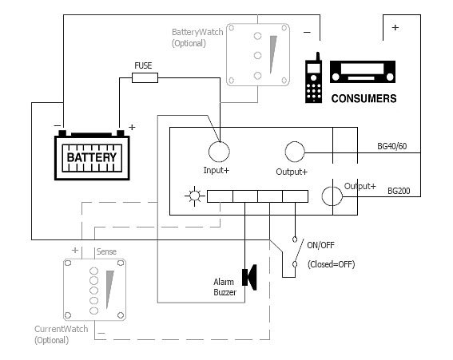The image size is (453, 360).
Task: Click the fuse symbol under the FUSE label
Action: (x=145, y=77)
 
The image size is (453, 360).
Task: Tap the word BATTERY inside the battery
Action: (x=92, y=157)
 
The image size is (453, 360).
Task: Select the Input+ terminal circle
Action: (x=219, y=152)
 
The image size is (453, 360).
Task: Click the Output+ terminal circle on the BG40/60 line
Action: (x=295, y=152)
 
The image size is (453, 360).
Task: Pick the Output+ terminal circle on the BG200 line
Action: (x=332, y=196)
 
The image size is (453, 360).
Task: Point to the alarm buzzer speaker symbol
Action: (x=249, y=277)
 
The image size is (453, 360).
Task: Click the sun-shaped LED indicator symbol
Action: (x=195, y=196)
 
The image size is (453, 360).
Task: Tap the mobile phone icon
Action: (x=313, y=78)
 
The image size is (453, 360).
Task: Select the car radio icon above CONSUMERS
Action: (x=363, y=72)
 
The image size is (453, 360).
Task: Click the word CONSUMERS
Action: (x=364, y=99)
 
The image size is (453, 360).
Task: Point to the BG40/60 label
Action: (x=392, y=146)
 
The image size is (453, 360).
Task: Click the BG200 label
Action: (x=399, y=191)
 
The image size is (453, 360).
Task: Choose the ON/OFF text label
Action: (x=320, y=245)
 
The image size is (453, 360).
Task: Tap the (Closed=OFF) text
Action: (x=331, y=264)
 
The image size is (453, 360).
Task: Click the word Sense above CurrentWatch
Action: (x=106, y=251)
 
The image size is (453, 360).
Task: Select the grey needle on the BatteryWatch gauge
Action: (x=272, y=54)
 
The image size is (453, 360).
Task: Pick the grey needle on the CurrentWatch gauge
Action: (x=109, y=289)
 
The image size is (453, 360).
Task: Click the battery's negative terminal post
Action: (x=62, y=133)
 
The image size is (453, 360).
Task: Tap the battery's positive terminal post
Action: (x=121, y=133)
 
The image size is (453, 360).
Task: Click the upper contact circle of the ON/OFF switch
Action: (x=295, y=239)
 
